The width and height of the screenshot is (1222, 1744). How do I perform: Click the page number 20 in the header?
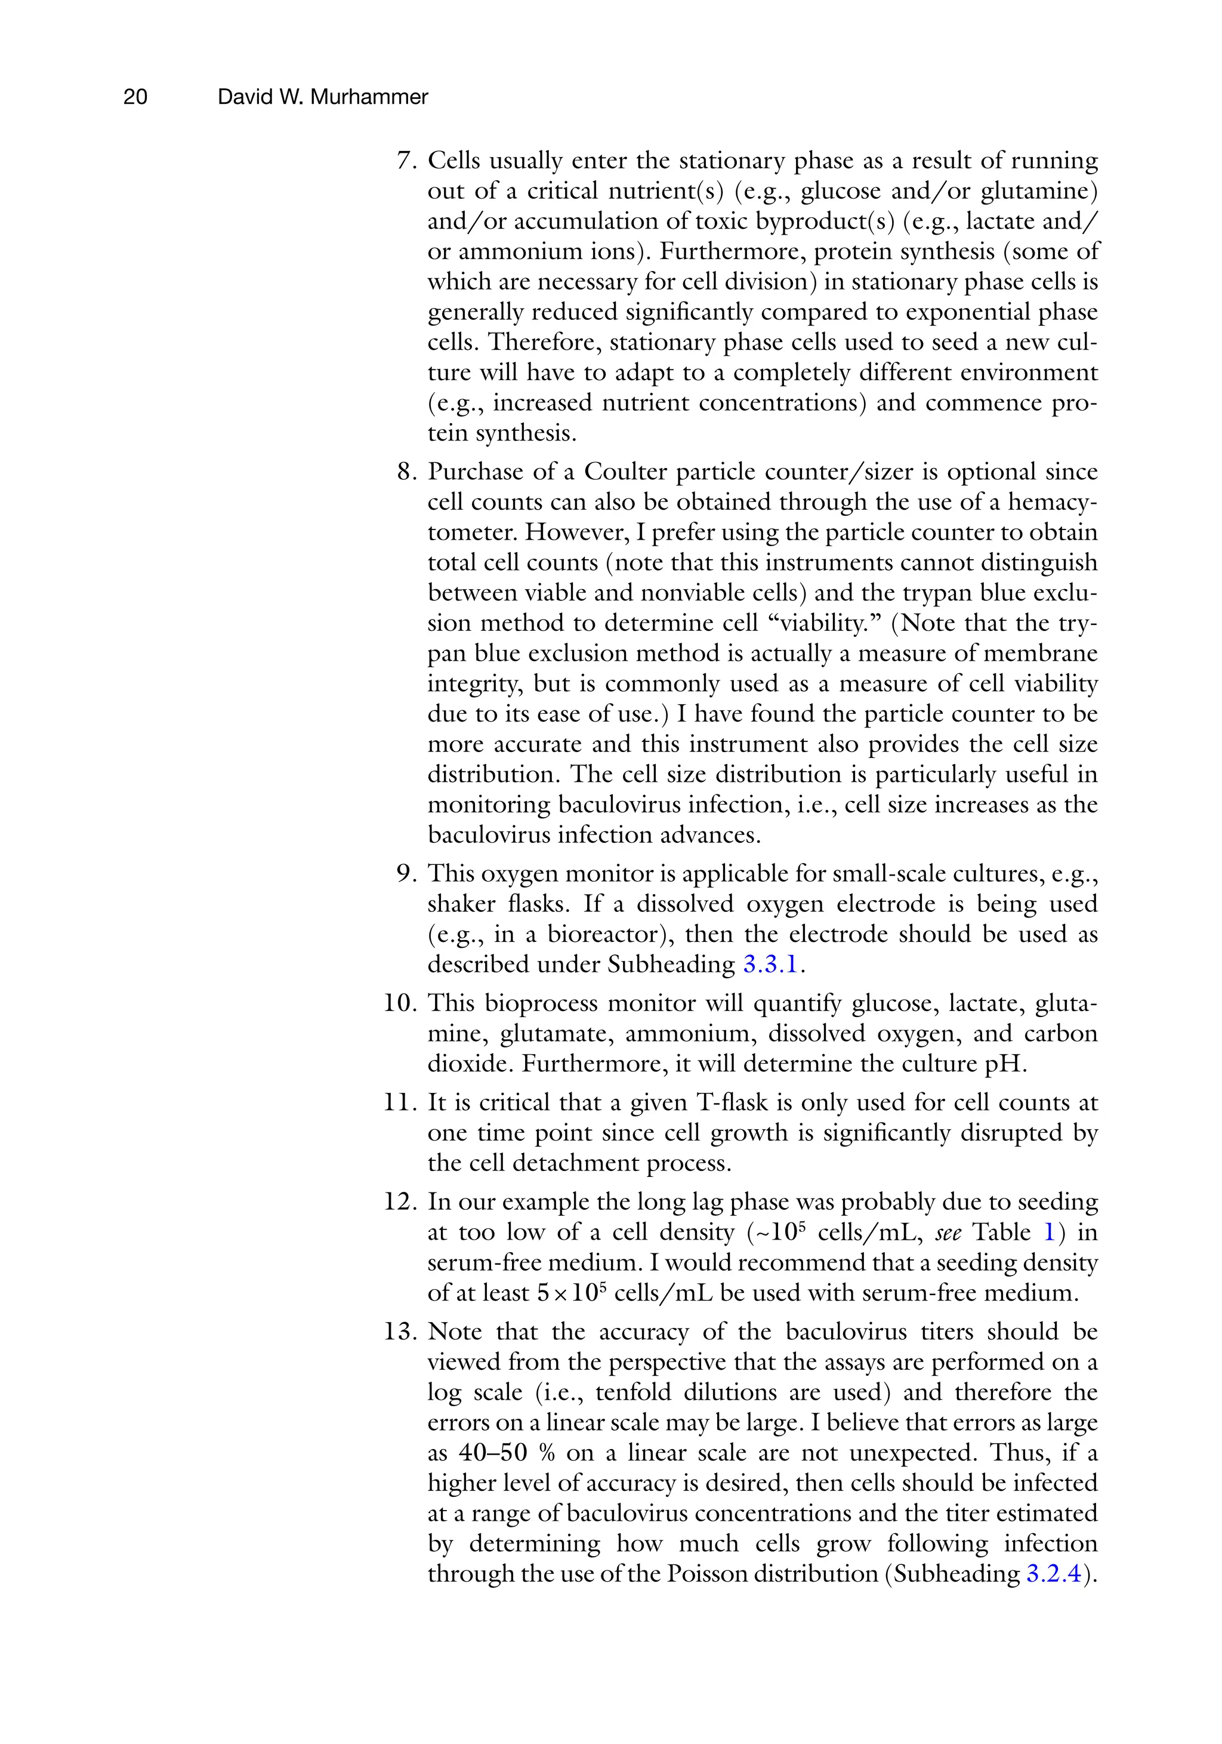point(135,97)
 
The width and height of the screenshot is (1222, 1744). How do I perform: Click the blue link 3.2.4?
point(1053,1574)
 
